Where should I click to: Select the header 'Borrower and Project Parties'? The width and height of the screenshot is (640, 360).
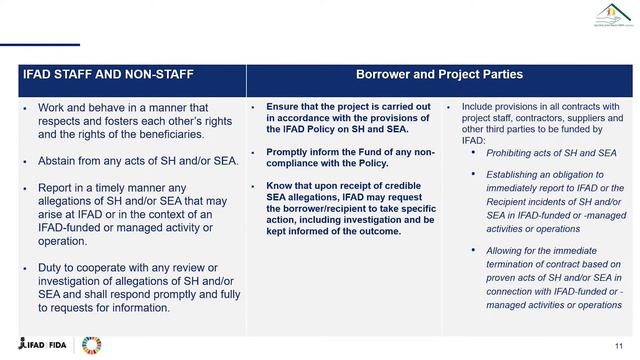440,75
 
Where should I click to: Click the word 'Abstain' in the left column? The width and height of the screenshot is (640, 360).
59,161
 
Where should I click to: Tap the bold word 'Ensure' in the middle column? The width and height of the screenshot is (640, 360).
284,106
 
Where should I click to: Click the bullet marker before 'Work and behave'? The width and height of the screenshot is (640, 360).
24,107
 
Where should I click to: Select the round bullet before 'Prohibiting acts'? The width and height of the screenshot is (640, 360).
474,152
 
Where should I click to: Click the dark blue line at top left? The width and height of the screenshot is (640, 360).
40,45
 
